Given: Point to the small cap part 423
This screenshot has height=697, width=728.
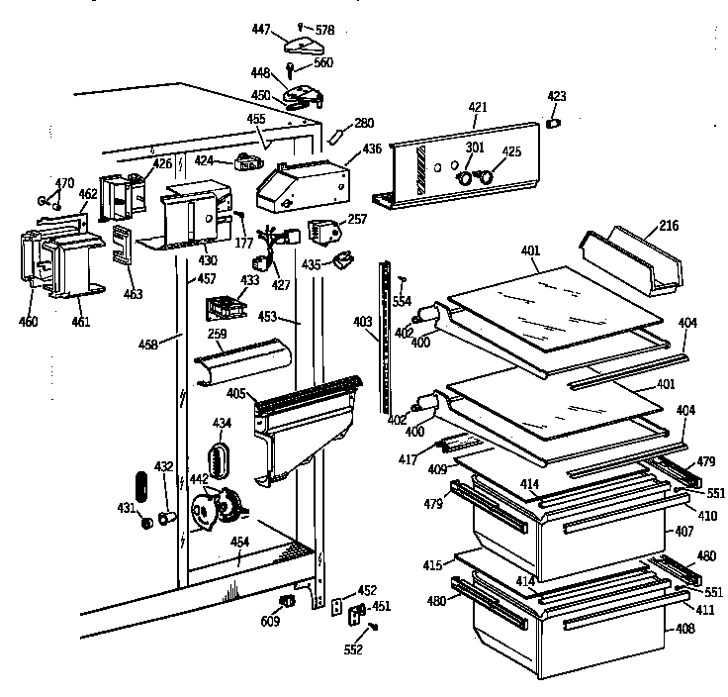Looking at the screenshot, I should click(x=555, y=123).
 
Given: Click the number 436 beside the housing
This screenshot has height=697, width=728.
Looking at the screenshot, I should click(x=371, y=149).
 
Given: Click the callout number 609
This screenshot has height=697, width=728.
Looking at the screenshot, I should click(x=268, y=621).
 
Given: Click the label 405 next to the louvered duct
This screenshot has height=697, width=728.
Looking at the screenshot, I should click(x=235, y=394).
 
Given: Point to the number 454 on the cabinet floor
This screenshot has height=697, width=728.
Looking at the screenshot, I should click(x=240, y=542).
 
